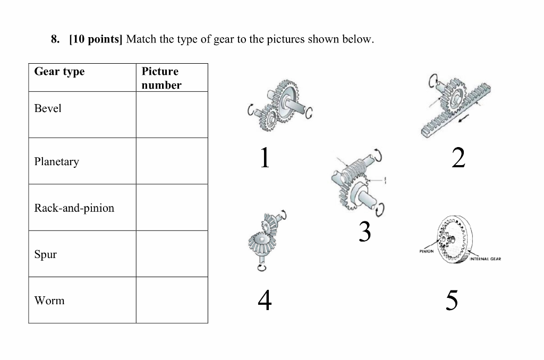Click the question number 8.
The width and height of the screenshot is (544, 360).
pyautogui.click(x=54, y=40)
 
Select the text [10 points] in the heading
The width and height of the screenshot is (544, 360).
pyautogui.click(x=96, y=40)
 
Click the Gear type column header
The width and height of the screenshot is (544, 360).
pyautogui.click(x=59, y=72)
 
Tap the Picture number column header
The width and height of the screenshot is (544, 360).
pyautogui.click(x=161, y=78)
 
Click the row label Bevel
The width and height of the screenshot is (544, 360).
pyautogui.click(x=48, y=108)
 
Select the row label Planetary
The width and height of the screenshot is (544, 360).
pyautogui.click(x=56, y=161)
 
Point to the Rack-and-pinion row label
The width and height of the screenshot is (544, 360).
pyautogui.click(x=74, y=208)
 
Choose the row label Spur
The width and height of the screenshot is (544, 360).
pyautogui.click(x=46, y=254)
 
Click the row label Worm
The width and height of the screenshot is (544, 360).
pyautogui.click(x=49, y=301)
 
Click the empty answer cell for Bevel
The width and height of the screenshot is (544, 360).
pyautogui.click(x=172, y=115)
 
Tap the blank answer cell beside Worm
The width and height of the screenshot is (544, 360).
pyautogui.click(x=172, y=300)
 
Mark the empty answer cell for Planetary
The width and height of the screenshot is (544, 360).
pyautogui.click(x=172, y=161)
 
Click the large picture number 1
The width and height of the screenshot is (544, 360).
pyautogui.click(x=264, y=158)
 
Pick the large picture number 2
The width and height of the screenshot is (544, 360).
pyautogui.click(x=458, y=158)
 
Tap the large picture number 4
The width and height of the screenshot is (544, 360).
pyautogui.click(x=265, y=301)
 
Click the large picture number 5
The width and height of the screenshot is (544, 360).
pyautogui.click(x=451, y=301)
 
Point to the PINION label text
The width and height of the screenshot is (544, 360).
pyautogui.click(x=426, y=251)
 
